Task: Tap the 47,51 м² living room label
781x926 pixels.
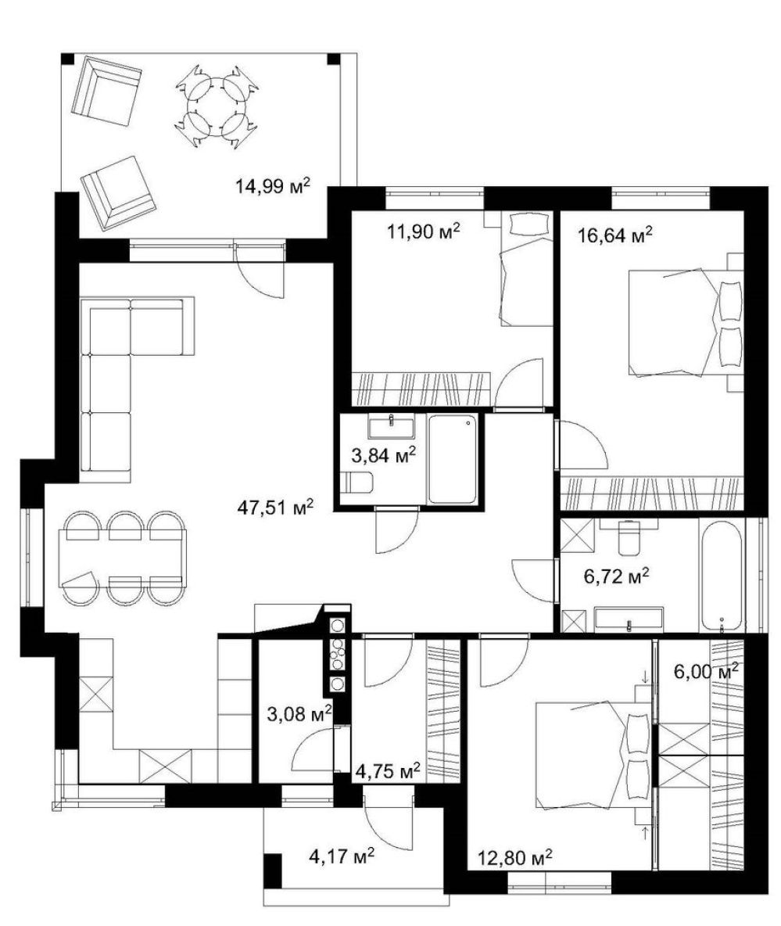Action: [275, 507]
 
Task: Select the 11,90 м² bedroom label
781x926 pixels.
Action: [423, 231]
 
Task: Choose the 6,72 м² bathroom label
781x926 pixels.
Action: [616, 576]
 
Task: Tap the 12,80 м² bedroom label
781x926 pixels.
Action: [515, 857]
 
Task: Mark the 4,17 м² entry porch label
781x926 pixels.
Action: [342, 855]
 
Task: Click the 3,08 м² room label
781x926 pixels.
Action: [299, 714]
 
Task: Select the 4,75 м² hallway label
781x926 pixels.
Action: [388, 770]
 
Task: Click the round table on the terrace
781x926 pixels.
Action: [217, 106]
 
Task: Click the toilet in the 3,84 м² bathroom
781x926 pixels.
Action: [356, 483]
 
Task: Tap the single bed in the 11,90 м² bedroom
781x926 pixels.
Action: [525, 269]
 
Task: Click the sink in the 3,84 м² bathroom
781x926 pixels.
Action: [391, 425]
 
